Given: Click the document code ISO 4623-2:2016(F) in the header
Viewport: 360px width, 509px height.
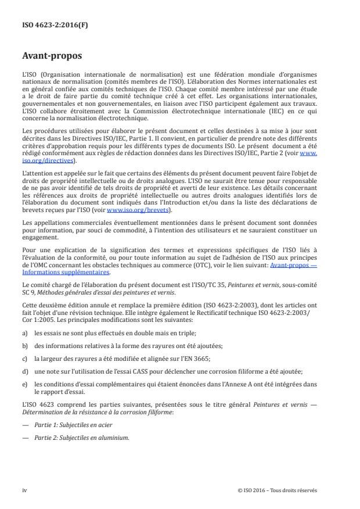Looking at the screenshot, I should point(51,26).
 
